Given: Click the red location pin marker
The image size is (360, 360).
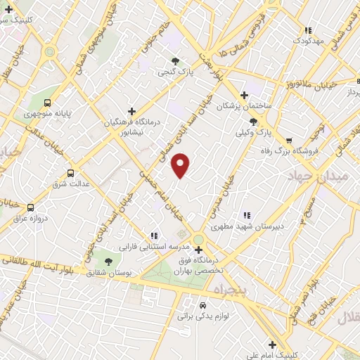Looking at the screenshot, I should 181,165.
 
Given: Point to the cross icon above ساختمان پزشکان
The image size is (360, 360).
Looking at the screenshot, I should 244,95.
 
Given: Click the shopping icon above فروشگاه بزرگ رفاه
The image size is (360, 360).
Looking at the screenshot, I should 289,139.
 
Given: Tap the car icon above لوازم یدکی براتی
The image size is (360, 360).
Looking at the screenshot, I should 202,306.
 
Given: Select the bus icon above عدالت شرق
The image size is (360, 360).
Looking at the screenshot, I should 70,172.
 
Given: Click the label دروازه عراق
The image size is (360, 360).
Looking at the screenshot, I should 30,218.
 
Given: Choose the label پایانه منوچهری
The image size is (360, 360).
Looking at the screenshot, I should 50,112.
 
